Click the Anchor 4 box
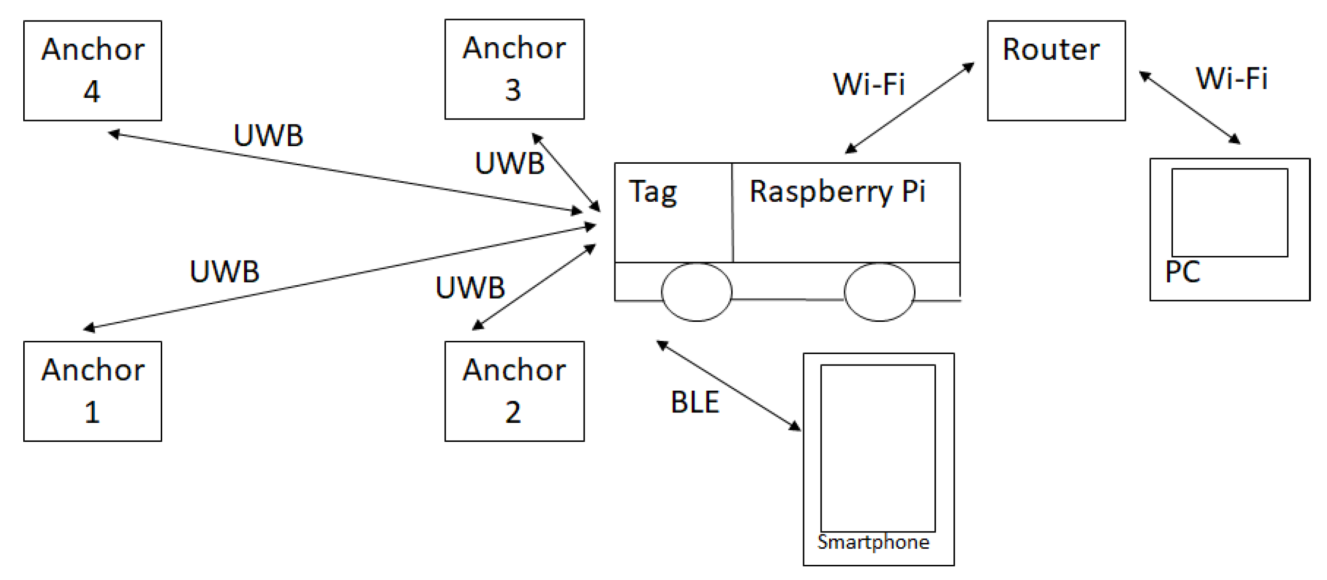[93, 71]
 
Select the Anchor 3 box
[514, 69]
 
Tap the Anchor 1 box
[93, 391]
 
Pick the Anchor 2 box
[514, 391]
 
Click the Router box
[1056, 71]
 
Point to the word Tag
[653, 192]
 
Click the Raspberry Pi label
[837, 192]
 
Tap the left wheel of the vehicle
[696, 292]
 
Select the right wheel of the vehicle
[879, 292]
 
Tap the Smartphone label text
[873, 543]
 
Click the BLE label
[695, 402]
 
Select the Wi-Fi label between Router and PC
[1231, 78]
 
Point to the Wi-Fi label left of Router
[869, 84]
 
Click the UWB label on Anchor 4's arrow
[268, 136]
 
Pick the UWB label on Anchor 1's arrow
[225, 271]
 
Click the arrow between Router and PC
[1189, 107]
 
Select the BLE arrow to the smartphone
[728, 385]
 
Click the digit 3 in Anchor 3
[512, 90]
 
